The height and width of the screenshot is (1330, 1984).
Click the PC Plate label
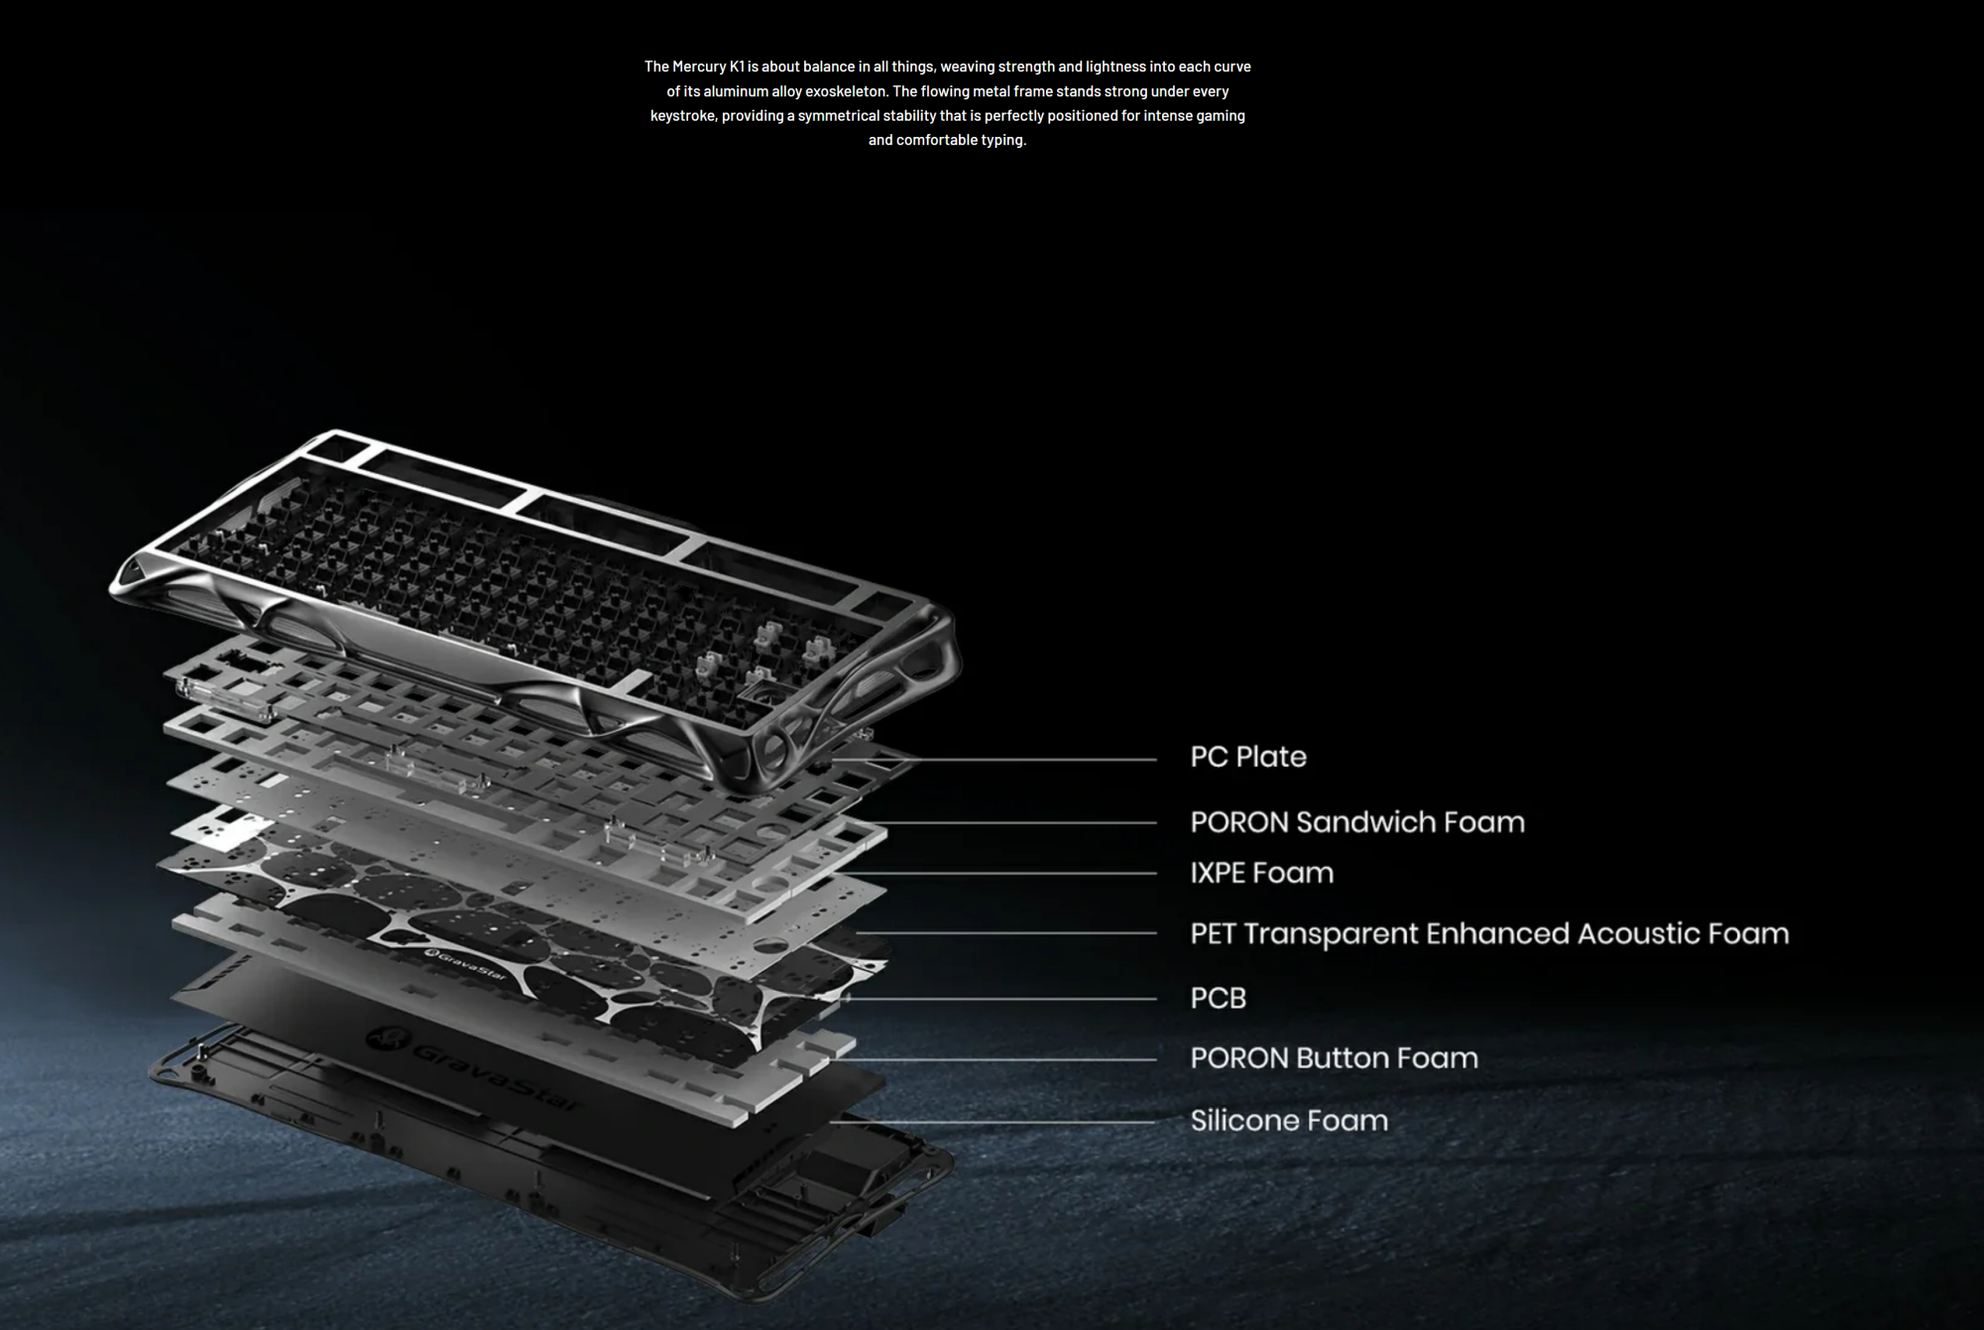coord(1247,757)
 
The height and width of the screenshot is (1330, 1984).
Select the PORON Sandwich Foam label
coord(1356,822)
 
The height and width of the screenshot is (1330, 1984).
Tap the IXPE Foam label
coord(1261,873)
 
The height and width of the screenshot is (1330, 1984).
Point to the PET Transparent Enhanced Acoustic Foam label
coord(1488,933)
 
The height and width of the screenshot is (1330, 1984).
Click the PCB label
coord(1218,998)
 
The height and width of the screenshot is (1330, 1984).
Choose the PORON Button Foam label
coord(1334,1058)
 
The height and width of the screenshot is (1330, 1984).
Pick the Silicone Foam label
coord(1288,1121)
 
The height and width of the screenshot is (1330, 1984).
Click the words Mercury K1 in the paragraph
coord(708,66)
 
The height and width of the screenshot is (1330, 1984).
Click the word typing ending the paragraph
coord(1002,140)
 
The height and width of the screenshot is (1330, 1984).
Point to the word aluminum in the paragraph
coord(736,91)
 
